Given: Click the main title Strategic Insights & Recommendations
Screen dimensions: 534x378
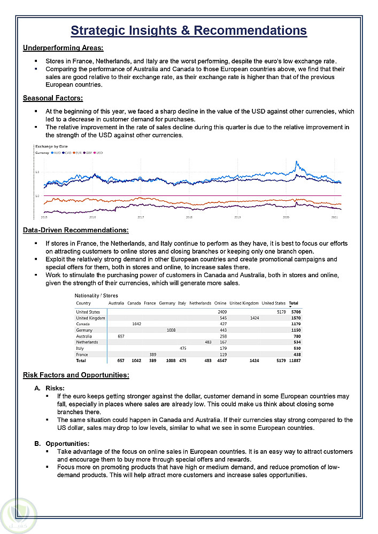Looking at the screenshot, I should (x=189, y=30).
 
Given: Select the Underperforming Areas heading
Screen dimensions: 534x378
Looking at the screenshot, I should (x=63, y=48).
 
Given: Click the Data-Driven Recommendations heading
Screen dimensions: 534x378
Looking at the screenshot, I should (x=75, y=230).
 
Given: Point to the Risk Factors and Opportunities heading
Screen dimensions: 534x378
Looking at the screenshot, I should (x=76, y=375).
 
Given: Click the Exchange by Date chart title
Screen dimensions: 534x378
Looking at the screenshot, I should (x=51, y=146).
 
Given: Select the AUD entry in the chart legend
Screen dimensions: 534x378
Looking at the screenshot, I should (x=56, y=153).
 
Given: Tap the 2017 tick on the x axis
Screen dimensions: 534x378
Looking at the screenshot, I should (x=141, y=217).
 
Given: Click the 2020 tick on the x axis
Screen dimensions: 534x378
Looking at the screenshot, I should (x=286, y=217).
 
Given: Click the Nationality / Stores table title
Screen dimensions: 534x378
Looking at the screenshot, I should (x=96, y=295).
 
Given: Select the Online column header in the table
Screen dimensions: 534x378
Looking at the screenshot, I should (x=220, y=303).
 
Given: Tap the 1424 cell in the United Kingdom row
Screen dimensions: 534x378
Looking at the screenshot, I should (x=254, y=318).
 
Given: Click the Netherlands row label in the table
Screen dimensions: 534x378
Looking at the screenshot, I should (x=87, y=342).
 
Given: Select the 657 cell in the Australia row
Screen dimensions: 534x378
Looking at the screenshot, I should (x=120, y=336).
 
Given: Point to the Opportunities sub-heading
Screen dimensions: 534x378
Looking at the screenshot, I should (x=67, y=444).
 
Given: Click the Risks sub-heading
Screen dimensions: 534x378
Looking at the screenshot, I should (x=55, y=388).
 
